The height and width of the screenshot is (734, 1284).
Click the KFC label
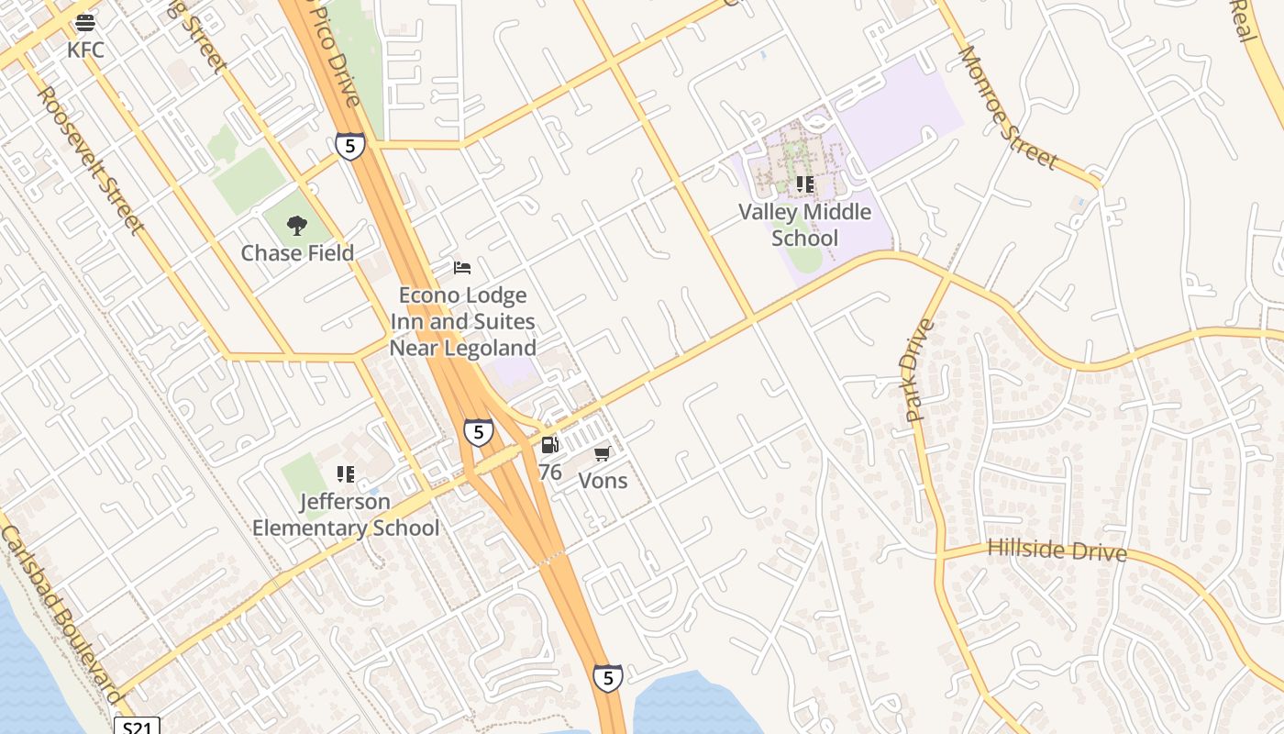tap(85, 50)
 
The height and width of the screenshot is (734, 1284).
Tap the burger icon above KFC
tap(85, 22)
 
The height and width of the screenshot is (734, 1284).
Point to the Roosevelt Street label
tap(91, 160)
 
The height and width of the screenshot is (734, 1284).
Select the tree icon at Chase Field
tap(296, 225)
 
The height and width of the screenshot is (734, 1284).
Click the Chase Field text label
tap(297, 253)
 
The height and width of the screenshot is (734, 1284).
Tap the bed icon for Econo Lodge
tap(462, 268)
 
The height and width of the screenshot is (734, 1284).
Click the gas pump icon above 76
tap(549, 445)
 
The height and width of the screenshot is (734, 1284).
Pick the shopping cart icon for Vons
tap(603, 453)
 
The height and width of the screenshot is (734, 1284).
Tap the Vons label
tap(603, 481)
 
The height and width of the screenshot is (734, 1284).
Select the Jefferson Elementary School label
tap(346, 515)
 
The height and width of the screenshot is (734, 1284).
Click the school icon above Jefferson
tap(346, 473)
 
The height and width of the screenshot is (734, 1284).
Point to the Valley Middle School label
tap(804, 225)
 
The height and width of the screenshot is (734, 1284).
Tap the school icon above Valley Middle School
tap(805, 184)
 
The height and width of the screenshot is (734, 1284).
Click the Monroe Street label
tap(1008, 107)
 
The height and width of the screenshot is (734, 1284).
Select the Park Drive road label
tap(919, 370)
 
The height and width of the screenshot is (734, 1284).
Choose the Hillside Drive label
tap(1057, 550)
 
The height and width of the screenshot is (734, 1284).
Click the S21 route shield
tap(137, 726)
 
